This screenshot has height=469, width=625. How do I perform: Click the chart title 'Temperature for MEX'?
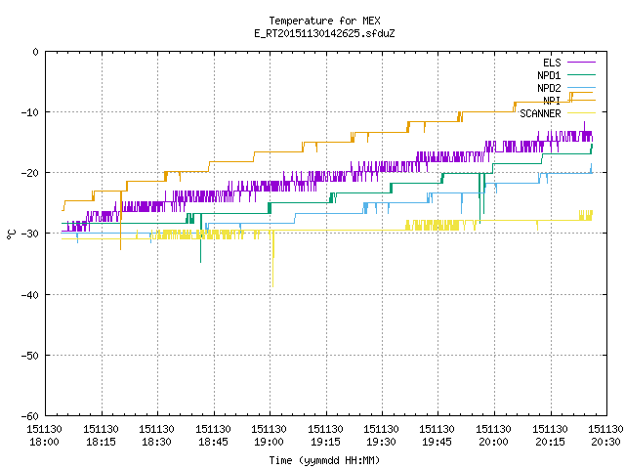click(x=324, y=21)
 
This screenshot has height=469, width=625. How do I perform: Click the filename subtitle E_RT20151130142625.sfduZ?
click(x=324, y=33)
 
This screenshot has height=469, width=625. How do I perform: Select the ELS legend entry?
click(x=569, y=63)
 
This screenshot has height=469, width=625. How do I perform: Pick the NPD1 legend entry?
click(x=566, y=75)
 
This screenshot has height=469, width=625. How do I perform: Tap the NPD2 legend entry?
click(x=566, y=88)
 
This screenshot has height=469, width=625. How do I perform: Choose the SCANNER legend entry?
click(x=558, y=113)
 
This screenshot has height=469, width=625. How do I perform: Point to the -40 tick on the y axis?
click(x=30, y=295)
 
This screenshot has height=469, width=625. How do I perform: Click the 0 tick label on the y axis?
click(x=36, y=52)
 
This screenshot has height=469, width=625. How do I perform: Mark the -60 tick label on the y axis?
click(x=30, y=416)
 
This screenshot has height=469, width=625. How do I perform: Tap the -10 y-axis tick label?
click(x=30, y=112)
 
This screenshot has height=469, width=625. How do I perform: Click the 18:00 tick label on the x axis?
click(x=44, y=442)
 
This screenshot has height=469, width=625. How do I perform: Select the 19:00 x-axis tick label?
click(x=270, y=442)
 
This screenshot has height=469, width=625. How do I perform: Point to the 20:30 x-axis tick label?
click(x=605, y=442)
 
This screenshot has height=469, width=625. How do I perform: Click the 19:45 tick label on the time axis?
click(x=437, y=442)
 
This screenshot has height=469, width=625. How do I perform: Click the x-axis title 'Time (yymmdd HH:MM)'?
click(x=324, y=460)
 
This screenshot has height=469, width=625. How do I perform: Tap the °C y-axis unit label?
click(x=11, y=234)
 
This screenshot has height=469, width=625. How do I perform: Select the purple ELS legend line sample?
click(x=581, y=63)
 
